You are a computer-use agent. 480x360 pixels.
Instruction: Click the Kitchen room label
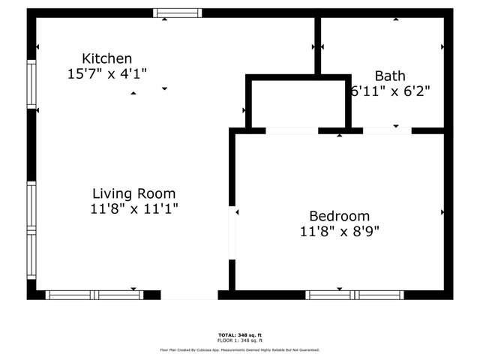[x=107, y=58]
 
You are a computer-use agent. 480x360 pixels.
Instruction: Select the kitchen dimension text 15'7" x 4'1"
[x=107, y=74]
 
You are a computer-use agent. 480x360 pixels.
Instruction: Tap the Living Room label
[x=133, y=193]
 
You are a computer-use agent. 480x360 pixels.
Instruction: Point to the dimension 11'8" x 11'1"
[x=133, y=208]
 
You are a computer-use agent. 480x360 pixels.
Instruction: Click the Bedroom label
[x=339, y=215]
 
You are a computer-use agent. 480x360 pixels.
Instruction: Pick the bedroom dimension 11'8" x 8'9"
[x=339, y=231]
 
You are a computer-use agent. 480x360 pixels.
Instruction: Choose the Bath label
[x=390, y=76]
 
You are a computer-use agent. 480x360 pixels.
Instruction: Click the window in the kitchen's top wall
[x=178, y=12]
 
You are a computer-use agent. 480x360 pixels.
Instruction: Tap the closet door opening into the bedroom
[x=292, y=131]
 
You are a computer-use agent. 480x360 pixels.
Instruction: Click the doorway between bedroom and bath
[x=387, y=131]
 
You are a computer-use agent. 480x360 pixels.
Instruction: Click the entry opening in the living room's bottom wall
[x=189, y=295]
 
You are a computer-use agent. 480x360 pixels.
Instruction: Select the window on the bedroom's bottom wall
[x=355, y=295]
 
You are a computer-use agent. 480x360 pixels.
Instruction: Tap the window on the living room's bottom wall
[x=94, y=295]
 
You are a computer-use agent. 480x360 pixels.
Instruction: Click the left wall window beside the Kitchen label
[x=31, y=82]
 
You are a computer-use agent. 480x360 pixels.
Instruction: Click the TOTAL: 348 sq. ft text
[x=240, y=334]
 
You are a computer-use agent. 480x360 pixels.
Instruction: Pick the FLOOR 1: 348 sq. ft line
[x=240, y=340]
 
